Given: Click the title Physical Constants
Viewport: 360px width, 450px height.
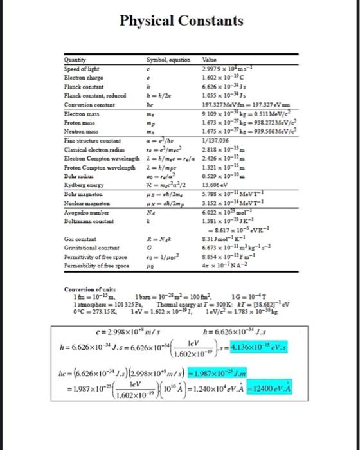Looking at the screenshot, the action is click(x=179, y=21).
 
